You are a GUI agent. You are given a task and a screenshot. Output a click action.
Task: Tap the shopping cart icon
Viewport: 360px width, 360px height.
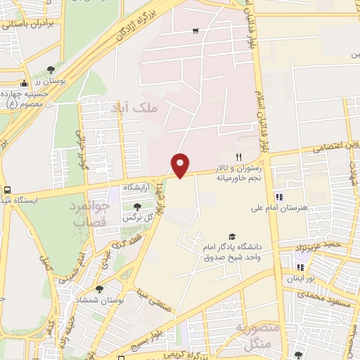pos(195,31)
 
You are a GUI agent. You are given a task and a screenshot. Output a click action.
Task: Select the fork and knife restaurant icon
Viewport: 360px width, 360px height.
pos(238,157)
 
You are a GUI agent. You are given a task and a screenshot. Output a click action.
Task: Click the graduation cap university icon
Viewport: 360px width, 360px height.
pos(232,236)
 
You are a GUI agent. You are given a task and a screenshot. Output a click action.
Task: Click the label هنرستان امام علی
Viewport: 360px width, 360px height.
pos(281,209)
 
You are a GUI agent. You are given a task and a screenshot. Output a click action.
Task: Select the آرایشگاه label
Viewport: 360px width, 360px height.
pos(138,188)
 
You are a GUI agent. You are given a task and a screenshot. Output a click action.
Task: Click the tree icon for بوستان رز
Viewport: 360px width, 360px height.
pos(51,70)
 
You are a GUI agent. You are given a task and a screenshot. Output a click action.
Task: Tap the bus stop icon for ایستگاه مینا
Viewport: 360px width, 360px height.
pos(7,190)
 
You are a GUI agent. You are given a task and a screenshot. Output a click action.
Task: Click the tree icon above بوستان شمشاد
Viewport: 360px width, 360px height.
pos(99,288)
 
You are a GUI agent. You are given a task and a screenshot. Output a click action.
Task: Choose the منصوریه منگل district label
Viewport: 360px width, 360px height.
pos(262,336)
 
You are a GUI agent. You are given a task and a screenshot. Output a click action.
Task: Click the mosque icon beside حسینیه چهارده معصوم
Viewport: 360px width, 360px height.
pos(25,84)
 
